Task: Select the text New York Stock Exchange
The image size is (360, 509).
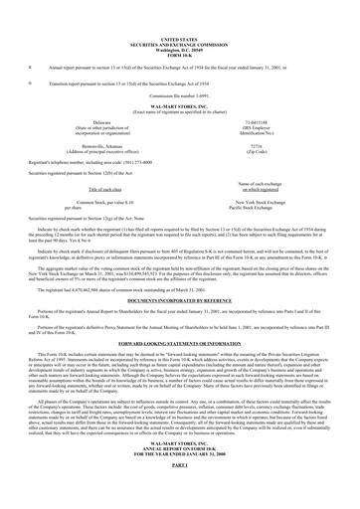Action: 285,200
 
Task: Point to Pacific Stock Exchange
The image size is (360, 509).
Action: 285,205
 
